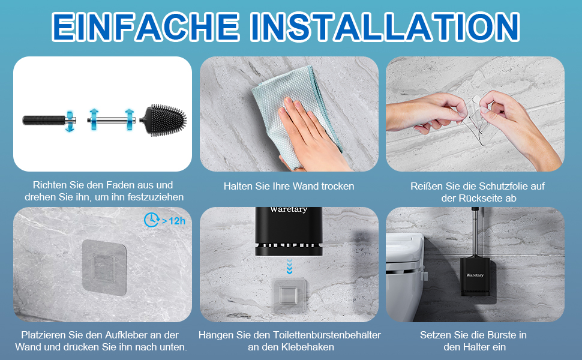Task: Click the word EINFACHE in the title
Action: [x=145, y=26]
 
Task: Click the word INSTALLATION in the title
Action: [x=385, y=26]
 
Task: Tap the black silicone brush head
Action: [x=164, y=120]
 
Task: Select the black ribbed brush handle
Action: [x=44, y=120]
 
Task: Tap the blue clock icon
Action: [x=151, y=220]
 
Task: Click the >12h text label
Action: [x=174, y=221]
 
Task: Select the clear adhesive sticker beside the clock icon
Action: [x=104, y=267]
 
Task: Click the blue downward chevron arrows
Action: [x=289, y=266]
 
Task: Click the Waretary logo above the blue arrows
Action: [x=289, y=209]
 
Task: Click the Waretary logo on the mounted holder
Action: [x=475, y=275]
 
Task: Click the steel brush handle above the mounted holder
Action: [x=475, y=232]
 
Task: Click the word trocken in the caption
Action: [x=338, y=187]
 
